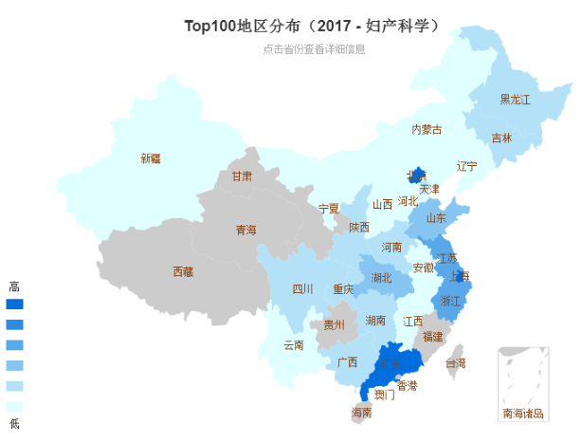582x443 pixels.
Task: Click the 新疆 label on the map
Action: [150, 158]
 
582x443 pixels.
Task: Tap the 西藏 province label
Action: [183, 272]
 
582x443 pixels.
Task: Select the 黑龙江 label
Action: [515, 100]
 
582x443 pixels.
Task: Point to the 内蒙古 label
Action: [427, 129]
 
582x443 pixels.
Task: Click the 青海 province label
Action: [246, 230]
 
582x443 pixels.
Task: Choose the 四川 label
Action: [302, 289]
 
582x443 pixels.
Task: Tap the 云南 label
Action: [294, 345]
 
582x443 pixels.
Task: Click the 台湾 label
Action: [456, 363]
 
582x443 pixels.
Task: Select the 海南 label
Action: [362, 413]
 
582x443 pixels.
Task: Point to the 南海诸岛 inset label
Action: [523, 414]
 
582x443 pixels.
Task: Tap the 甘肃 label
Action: [242, 176]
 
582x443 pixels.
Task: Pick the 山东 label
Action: [436, 218]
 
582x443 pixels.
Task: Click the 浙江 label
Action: [451, 301]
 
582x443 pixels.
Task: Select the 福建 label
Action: [432, 336]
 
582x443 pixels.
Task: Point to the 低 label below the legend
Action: [13, 423]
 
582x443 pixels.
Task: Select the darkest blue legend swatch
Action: [14, 305]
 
